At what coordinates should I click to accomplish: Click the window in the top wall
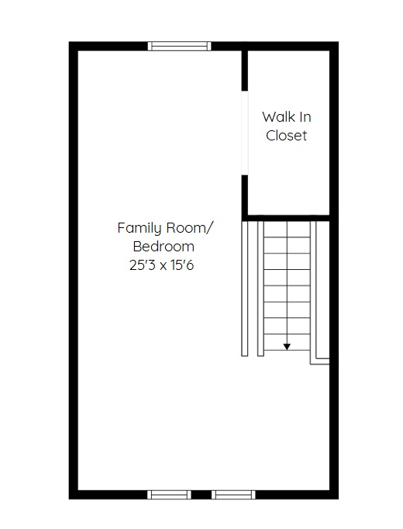[x=179, y=46]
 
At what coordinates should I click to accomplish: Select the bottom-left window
[x=169, y=495]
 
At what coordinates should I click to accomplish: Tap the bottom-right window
[x=233, y=495]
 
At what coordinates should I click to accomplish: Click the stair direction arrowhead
[x=287, y=347]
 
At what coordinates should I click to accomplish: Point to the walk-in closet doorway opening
[x=245, y=133]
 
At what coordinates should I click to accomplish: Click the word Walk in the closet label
[x=277, y=117]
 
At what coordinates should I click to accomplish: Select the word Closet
[x=287, y=136]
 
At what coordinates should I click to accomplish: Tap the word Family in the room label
[x=139, y=228]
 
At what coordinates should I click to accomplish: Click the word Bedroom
[x=164, y=247]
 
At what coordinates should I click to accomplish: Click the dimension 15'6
[x=182, y=265]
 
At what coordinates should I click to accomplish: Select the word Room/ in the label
[x=189, y=228]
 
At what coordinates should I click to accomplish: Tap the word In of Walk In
[x=305, y=117]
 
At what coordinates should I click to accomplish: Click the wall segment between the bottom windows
[x=201, y=495]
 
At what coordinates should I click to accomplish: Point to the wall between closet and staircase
[x=286, y=218]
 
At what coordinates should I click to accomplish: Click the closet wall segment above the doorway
[x=245, y=71]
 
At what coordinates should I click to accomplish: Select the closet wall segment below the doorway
[x=245, y=195]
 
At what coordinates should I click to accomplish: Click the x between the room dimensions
[x=163, y=266]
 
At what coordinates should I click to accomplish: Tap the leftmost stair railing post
[x=245, y=289]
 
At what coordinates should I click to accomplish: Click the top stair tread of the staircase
[x=287, y=230]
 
